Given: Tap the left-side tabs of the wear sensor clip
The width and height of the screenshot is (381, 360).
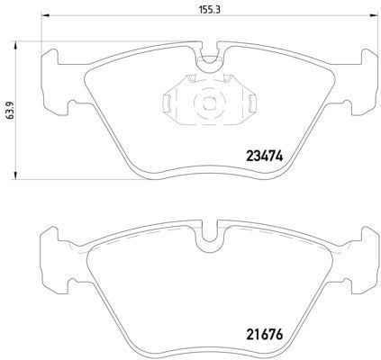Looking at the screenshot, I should tap(169, 102).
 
